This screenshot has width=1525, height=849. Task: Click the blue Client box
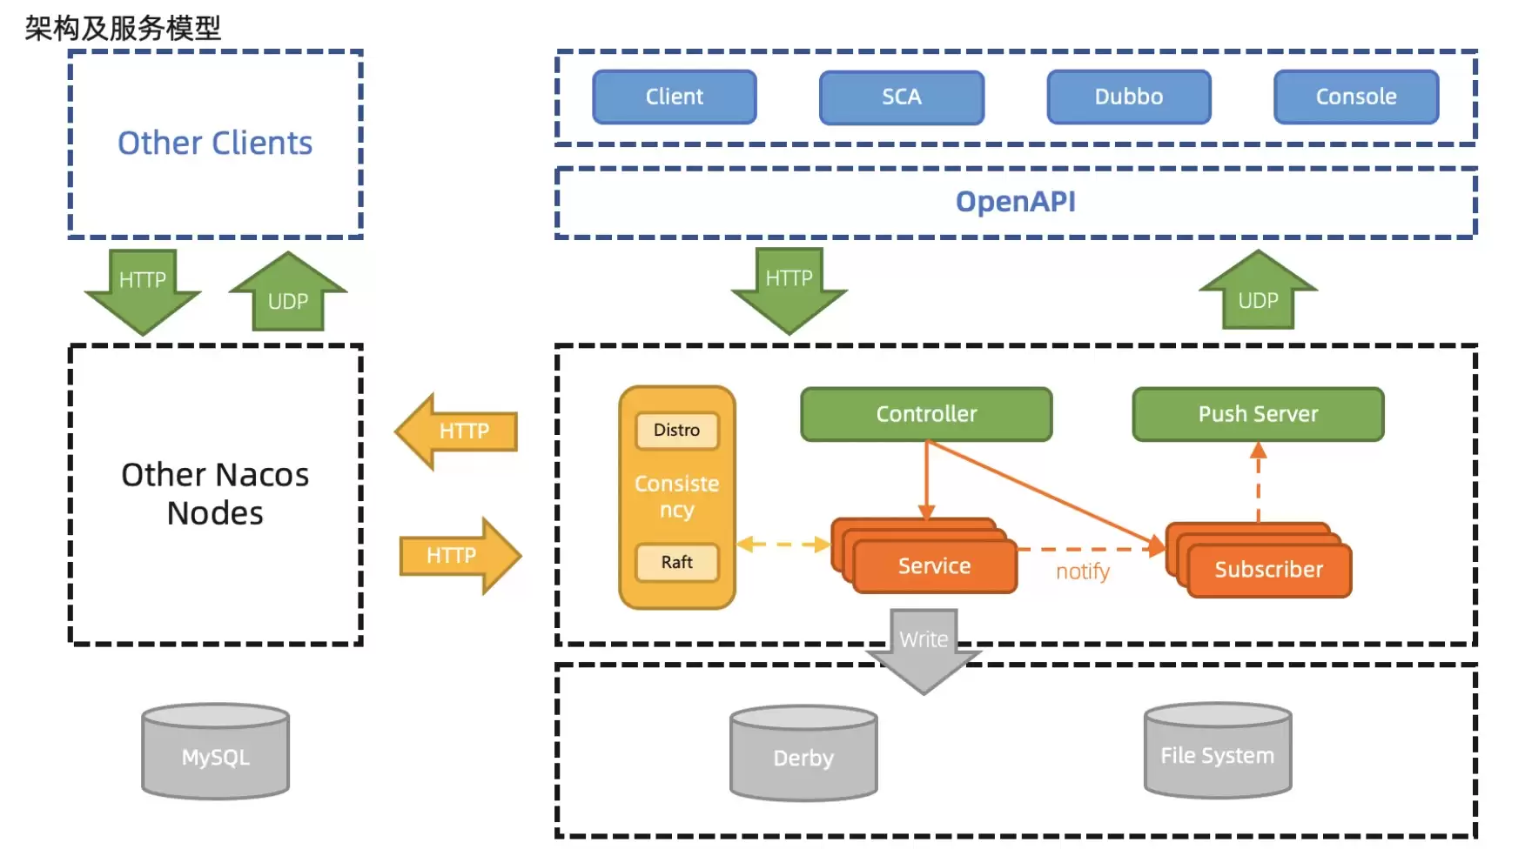[675, 97]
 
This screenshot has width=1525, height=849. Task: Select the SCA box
[902, 97]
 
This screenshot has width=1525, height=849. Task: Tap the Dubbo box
[1129, 97]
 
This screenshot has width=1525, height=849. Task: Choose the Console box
[1356, 97]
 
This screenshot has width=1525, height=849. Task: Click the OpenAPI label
[1016, 202]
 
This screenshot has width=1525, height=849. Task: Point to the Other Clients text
[215, 143]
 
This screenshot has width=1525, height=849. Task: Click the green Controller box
[926, 414]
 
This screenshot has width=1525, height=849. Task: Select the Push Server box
[1258, 414]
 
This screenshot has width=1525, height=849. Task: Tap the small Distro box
[677, 431]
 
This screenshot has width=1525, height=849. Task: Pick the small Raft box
[677, 562]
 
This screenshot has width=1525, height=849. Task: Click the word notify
[1083, 572]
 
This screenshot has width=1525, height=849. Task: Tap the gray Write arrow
[924, 651]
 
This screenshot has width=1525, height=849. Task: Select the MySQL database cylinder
[216, 752]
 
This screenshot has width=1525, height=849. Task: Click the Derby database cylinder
[803, 753]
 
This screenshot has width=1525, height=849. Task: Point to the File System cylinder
[1218, 751]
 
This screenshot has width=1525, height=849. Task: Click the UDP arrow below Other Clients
[288, 291]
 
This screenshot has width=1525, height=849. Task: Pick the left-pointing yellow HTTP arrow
[457, 431]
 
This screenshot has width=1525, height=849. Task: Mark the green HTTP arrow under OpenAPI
[789, 291]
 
